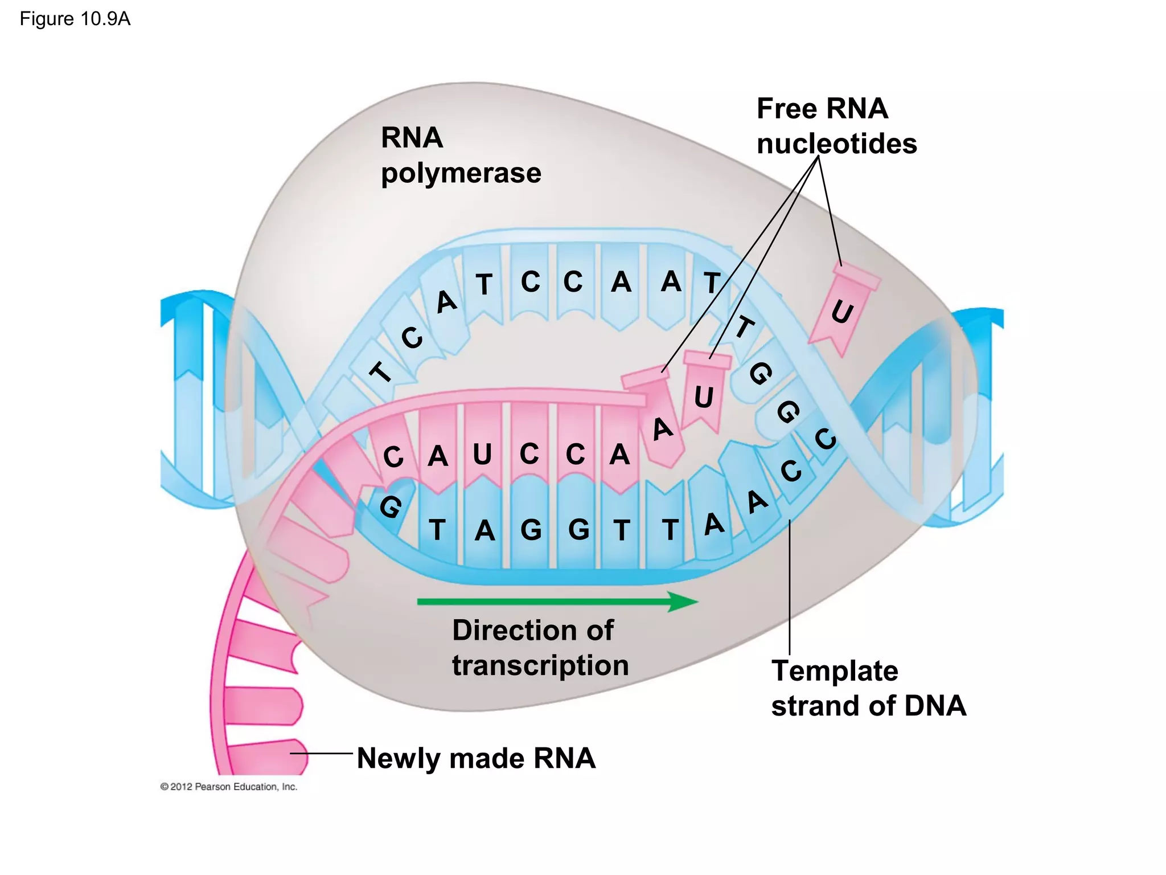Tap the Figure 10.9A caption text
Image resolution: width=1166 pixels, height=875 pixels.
75,19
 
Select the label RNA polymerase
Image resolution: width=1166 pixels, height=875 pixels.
460,155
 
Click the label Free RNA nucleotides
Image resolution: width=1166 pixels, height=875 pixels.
836,126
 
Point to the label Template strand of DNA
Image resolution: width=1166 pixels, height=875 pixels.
868,688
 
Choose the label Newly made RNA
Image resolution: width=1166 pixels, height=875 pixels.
476,758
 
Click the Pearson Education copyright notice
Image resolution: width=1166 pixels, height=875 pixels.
229,787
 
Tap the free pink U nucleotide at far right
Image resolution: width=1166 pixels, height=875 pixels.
843,310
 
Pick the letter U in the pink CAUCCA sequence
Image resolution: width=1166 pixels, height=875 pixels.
483,455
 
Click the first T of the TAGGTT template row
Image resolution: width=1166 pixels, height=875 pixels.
437,530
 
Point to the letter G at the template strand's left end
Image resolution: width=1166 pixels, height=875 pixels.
391,506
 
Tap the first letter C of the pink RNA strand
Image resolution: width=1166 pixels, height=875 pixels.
393,457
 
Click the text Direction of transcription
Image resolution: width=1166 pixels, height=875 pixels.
540,648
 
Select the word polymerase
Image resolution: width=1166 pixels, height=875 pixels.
461,173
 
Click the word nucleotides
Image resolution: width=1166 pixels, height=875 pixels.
837,144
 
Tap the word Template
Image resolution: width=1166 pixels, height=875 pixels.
835,670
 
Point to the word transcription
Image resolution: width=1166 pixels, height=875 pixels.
540,665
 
